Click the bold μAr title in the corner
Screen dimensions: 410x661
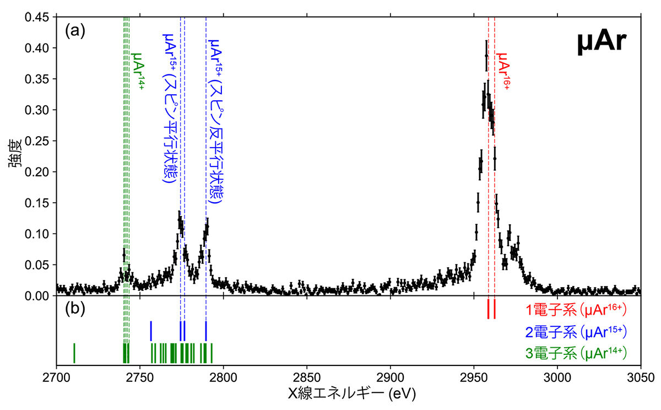pos(602,42)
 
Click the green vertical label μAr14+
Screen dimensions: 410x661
pos(138,71)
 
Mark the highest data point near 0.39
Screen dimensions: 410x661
pos(486,56)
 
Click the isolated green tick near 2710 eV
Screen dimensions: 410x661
pos(74,352)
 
